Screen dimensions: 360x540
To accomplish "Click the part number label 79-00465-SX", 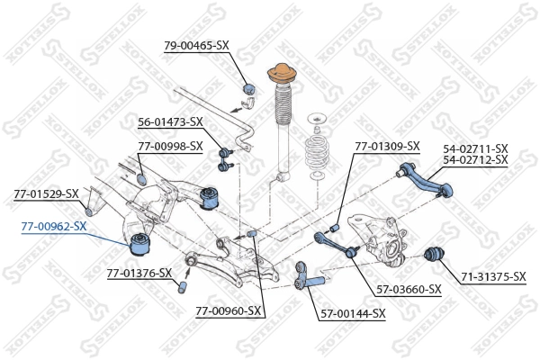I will (x=196, y=44).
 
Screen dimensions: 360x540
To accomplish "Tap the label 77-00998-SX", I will (x=170, y=146).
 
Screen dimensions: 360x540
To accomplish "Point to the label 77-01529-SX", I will (x=46, y=193).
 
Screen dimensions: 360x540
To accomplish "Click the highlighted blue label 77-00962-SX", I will (x=53, y=226).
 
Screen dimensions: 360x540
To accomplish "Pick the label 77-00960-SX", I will (x=228, y=311).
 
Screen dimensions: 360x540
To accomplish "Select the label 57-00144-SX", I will (x=353, y=313).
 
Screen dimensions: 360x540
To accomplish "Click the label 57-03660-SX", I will (x=409, y=289).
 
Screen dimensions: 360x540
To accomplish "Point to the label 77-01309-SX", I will (x=387, y=146).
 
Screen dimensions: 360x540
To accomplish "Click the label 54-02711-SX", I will (x=475, y=148).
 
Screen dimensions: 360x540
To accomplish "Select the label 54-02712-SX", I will (x=475, y=160).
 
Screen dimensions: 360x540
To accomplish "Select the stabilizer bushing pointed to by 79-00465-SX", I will (x=251, y=88).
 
